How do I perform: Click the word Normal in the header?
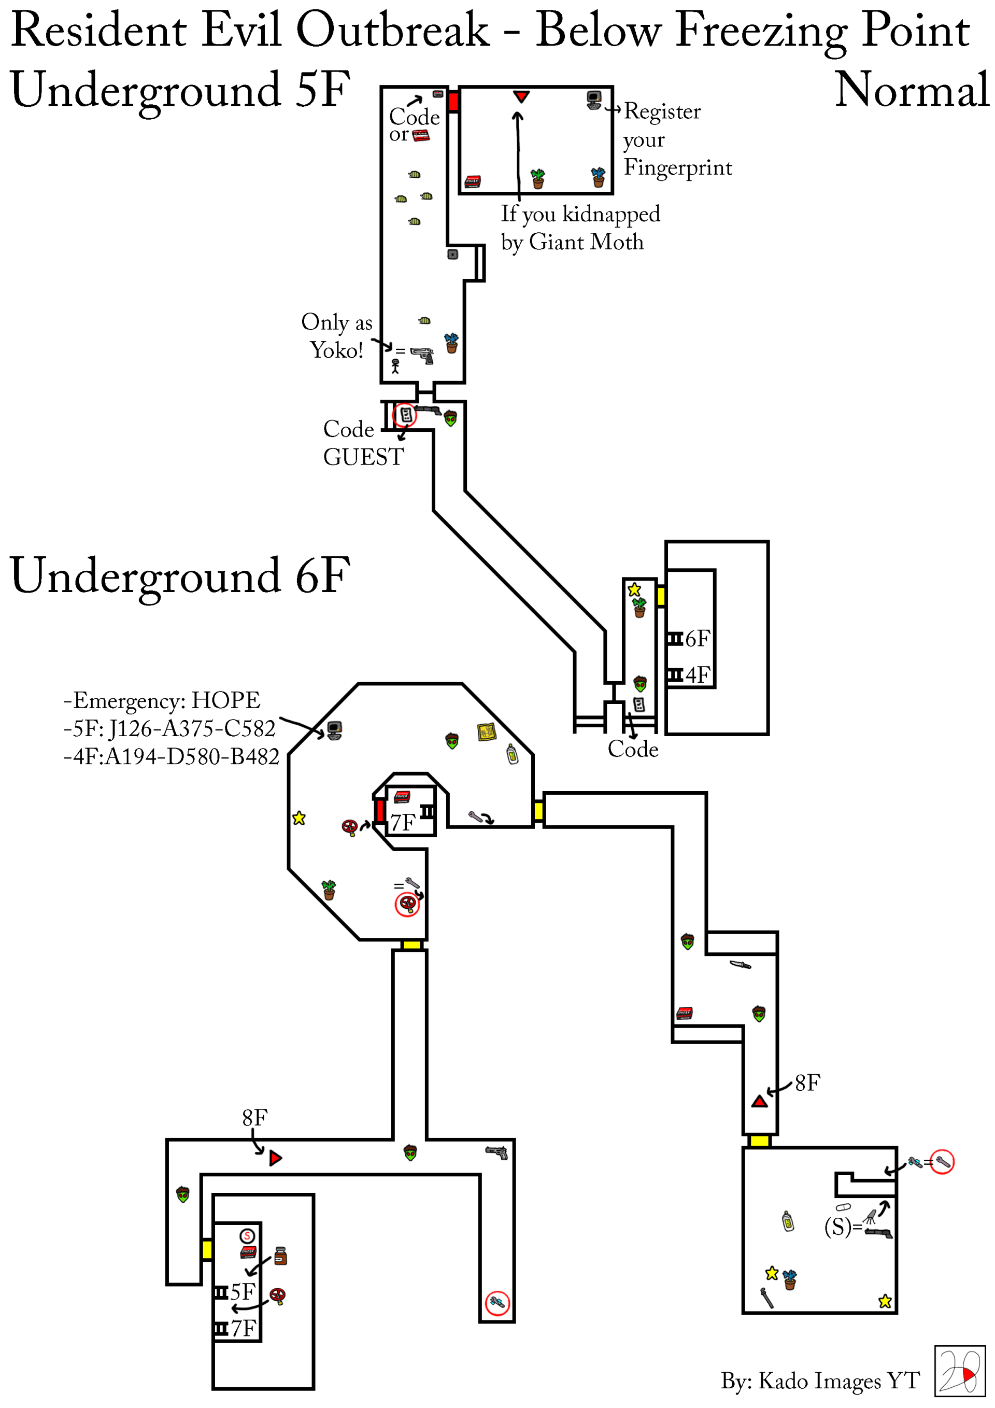pos(912,90)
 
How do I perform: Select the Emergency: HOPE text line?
pos(162,700)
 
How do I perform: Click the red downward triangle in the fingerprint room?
pos(521,96)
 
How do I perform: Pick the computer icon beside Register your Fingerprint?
pos(594,100)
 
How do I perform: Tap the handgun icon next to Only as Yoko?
pos(422,355)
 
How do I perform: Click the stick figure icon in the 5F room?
pos(395,366)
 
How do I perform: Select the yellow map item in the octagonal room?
pos(487,731)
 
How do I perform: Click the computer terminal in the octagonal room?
pos(334,730)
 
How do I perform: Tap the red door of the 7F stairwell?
pos(380,811)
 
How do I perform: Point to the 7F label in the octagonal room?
pos(403,822)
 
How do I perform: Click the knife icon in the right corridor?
pos(740,965)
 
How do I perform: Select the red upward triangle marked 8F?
pos(760,1102)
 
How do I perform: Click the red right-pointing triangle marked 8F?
pos(275,1158)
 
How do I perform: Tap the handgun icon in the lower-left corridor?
pos(497,1152)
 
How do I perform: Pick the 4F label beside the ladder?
pos(698,675)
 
